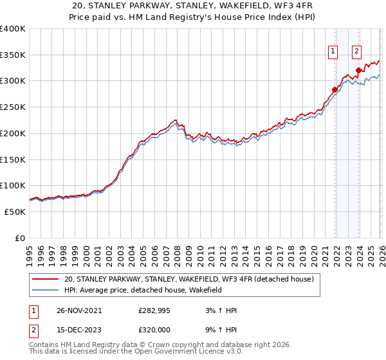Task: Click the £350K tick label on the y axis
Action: coord(13,55)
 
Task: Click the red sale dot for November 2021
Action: coord(335,89)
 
